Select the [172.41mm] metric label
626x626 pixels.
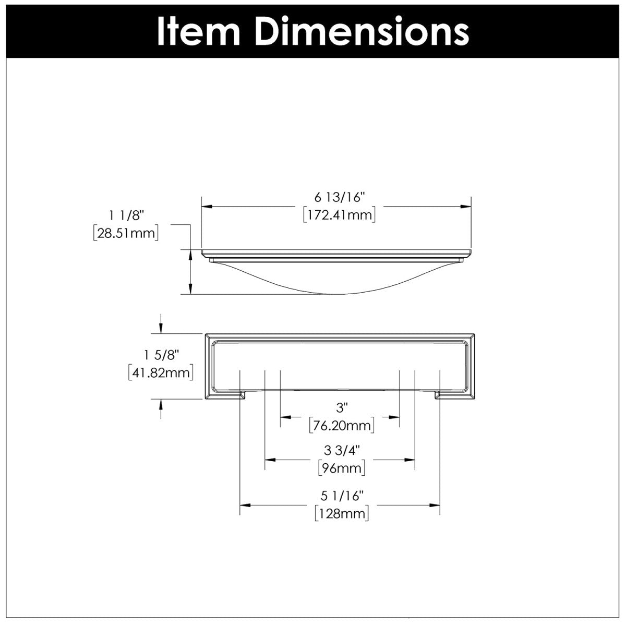click(x=340, y=214)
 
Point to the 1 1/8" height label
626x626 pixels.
click(x=125, y=214)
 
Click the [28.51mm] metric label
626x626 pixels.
click(x=125, y=233)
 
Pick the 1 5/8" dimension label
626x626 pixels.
click(x=161, y=355)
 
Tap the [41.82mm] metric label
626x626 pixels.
click(x=161, y=373)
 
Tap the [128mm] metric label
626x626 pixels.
click(x=342, y=513)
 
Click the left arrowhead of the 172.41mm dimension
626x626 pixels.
click(x=207, y=207)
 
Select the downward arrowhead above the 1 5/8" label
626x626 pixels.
click(x=161, y=329)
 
